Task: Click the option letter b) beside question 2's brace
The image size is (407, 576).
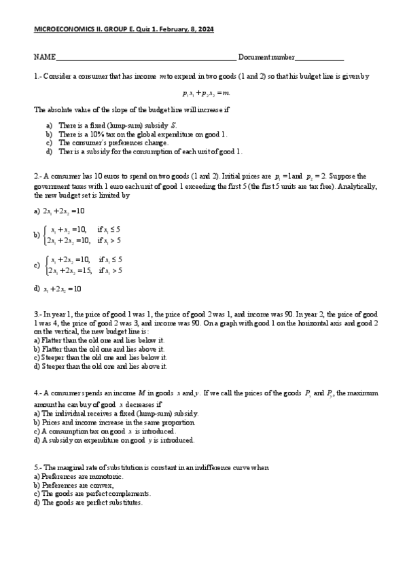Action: coord(37,235)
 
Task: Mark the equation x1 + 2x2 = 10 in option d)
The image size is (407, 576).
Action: coord(62,289)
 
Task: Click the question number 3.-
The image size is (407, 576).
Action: coord(38,315)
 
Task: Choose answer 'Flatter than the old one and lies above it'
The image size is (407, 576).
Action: coord(99,348)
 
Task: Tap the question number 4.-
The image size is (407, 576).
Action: coord(38,393)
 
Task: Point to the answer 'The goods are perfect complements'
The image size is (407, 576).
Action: coord(96,494)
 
